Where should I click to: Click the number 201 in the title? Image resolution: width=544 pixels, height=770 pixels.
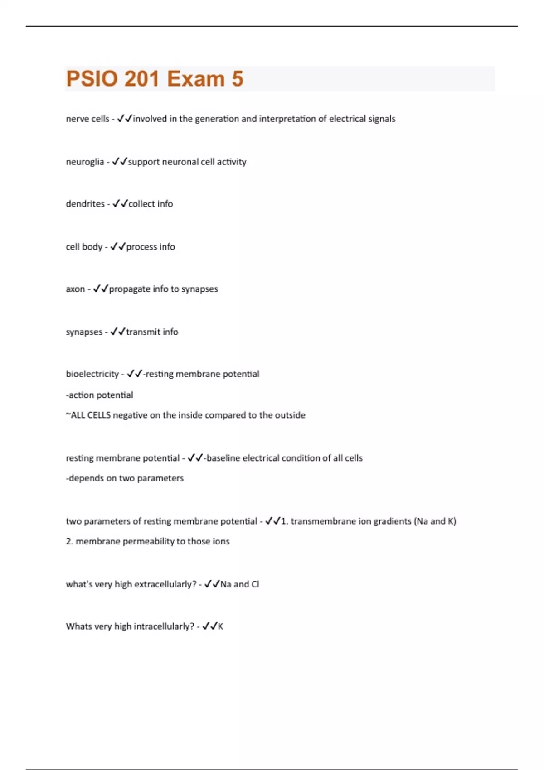point(141,79)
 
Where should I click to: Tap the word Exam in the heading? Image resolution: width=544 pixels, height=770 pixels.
point(196,79)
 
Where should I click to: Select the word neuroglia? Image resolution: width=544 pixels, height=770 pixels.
point(85,162)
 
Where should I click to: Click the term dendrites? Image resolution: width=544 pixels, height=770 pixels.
point(85,204)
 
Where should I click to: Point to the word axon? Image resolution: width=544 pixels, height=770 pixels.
point(75,289)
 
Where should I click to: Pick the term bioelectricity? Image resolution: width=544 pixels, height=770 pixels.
point(92,374)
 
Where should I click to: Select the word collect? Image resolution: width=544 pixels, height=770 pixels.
point(141,204)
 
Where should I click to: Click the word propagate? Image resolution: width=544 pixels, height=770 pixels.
point(130,289)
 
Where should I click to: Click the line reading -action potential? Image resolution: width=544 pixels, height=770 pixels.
point(99,395)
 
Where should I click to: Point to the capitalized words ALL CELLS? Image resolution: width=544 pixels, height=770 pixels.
point(91,415)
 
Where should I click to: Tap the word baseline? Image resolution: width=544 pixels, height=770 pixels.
point(223,458)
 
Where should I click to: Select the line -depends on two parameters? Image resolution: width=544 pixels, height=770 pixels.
point(125,478)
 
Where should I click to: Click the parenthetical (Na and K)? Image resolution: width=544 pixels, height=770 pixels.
point(435,521)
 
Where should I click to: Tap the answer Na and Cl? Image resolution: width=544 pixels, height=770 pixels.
point(239,584)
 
